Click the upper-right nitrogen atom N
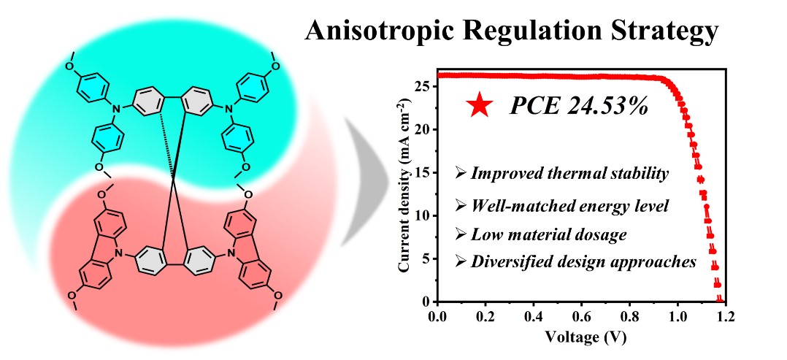coord(228,110)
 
